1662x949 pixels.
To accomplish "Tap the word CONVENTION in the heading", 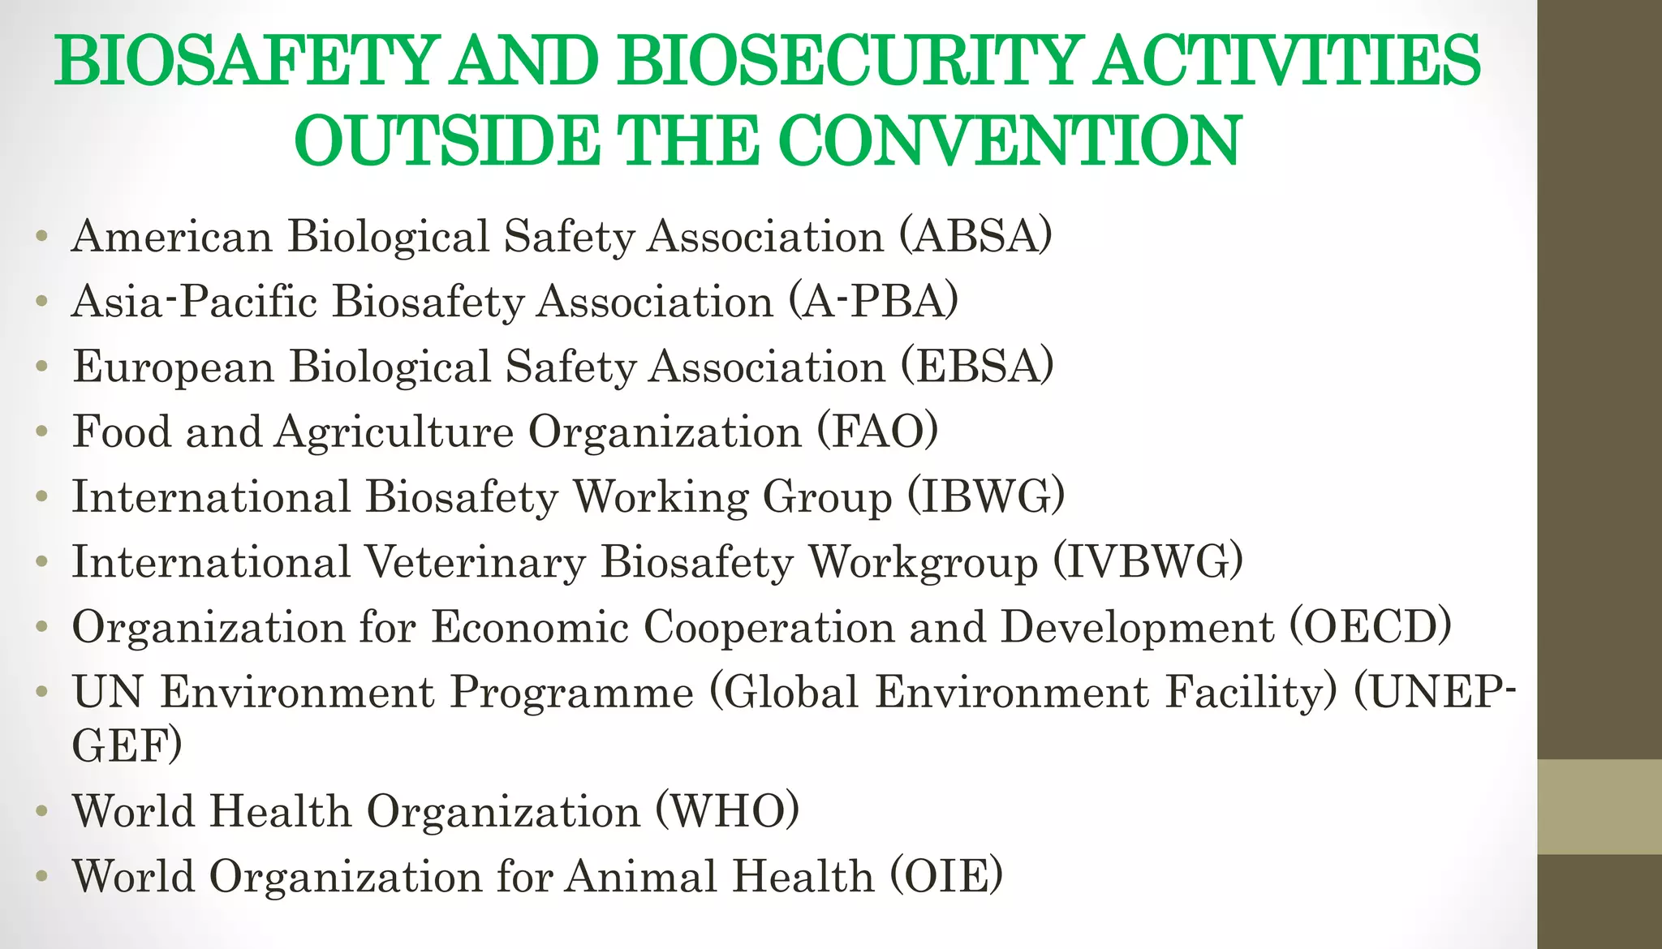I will tap(1010, 141).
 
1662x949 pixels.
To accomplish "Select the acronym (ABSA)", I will tap(975, 237).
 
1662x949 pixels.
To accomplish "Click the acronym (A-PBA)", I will tap(873, 302).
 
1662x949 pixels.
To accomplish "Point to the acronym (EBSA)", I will tap(977, 367).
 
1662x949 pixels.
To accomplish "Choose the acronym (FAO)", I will tap(877, 432).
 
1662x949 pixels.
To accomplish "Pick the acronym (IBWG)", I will tap(985, 496).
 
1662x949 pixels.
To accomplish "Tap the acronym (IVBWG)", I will tap(1147, 561).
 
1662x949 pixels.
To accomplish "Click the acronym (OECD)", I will tap(1371, 627).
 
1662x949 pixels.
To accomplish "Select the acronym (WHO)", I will tap(727, 810).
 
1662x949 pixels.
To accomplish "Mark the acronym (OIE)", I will tap(946, 876).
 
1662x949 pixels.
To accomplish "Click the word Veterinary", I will tap(475, 561).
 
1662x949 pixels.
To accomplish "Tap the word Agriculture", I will tap(394, 432).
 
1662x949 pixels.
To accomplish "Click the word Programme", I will tap(572, 692).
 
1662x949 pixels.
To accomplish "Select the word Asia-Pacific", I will tap(194, 302).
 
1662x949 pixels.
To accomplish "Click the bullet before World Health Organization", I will tap(42, 811).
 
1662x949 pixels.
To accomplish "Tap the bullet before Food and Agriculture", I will tap(42, 432).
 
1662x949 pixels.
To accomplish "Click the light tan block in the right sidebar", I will tap(1599, 806).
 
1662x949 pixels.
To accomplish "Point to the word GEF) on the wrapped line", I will tap(127, 745).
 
